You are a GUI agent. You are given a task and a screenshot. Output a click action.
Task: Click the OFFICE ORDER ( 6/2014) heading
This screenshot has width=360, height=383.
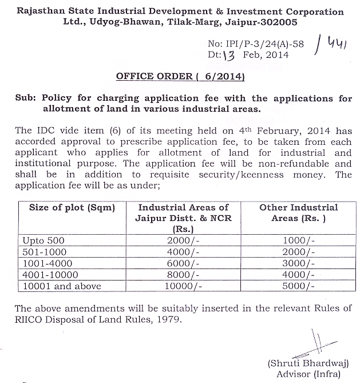pyautogui.click(x=180, y=76)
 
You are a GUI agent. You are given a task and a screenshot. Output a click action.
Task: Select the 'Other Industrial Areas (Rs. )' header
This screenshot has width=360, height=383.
pyautogui.click(x=299, y=213)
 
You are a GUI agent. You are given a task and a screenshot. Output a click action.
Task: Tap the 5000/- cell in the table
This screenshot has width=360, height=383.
pyautogui.click(x=299, y=286)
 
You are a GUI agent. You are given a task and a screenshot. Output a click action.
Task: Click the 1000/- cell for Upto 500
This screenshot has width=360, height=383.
pyautogui.click(x=299, y=240)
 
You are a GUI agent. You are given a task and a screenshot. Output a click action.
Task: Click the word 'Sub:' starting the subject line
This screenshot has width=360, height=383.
pyautogui.click(x=27, y=98)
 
